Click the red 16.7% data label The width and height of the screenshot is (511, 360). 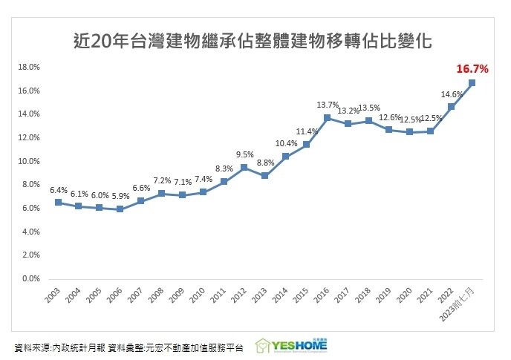(472, 69)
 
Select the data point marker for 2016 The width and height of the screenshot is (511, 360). (327, 118)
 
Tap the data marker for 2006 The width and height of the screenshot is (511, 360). (120, 209)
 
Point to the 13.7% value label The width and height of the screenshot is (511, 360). (327, 105)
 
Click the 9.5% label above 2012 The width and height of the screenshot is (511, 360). (244, 154)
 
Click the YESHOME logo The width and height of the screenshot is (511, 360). (291, 346)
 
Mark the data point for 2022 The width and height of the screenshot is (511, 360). (451, 107)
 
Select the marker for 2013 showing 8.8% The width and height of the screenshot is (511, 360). (264, 175)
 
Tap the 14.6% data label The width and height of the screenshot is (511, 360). (452, 94)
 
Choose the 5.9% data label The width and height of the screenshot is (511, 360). (120, 196)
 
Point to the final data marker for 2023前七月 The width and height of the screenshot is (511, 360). (472, 82)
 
